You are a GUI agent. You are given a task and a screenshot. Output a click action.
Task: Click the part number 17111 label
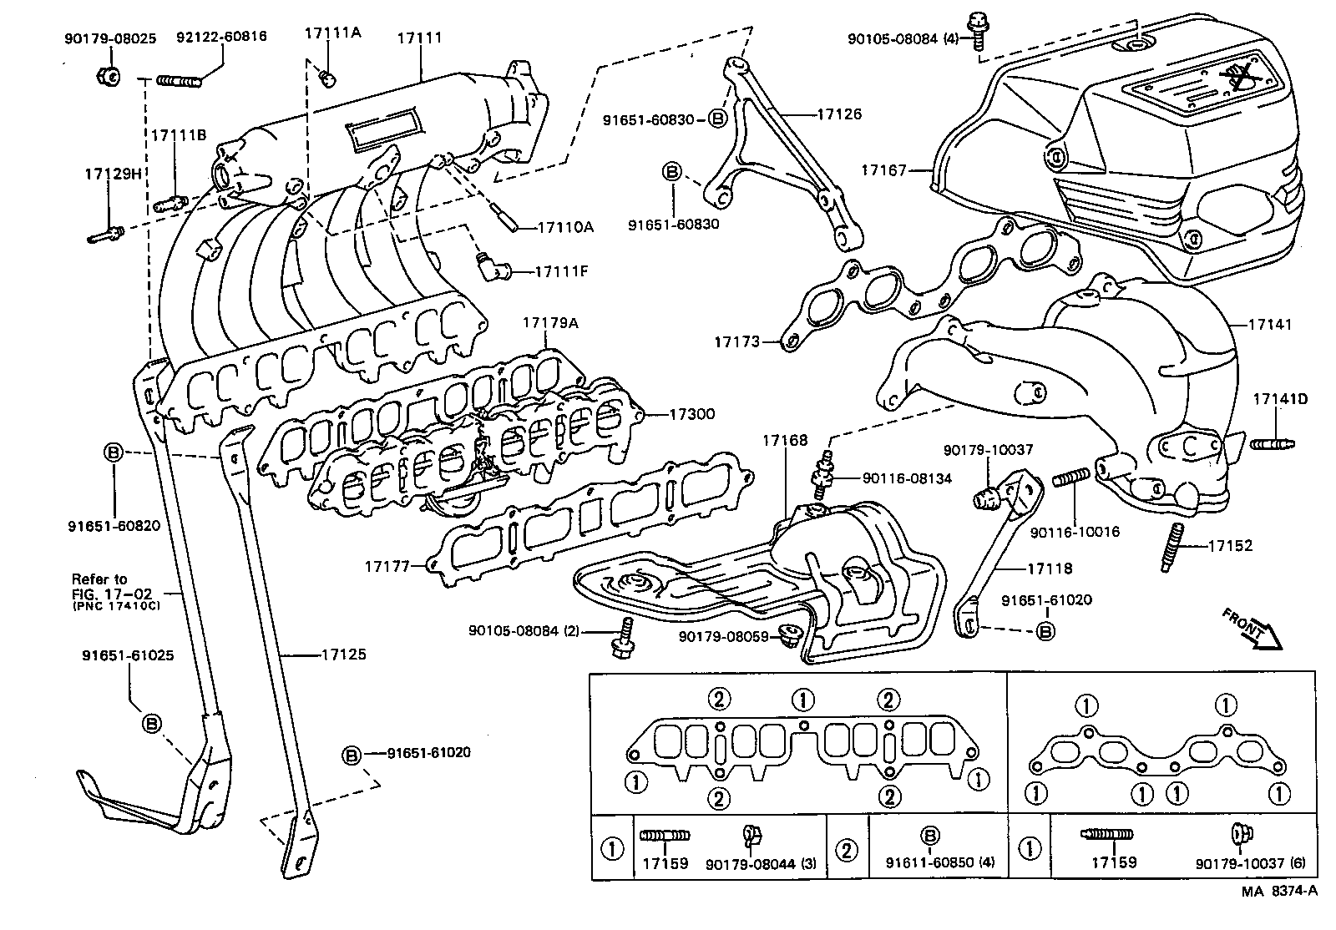(x=419, y=38)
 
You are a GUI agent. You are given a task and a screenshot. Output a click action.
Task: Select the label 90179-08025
(x=109, y=38)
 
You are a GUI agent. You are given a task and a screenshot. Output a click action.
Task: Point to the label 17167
(x=883, y=171)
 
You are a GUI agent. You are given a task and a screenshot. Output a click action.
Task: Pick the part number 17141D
(x=1280, y=399)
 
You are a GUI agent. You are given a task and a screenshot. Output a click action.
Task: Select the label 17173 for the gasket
(x=736, y=341)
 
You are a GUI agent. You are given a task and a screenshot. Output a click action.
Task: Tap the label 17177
(x=387, y=566)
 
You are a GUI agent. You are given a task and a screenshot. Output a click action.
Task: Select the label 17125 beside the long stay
(x=343, y=655)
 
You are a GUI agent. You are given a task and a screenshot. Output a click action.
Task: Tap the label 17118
(x=1050, y=569)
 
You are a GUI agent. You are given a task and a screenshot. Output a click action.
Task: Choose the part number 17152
(x=1230, y=545)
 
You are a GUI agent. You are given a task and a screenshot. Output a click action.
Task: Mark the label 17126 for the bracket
(x=839, y=114)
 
